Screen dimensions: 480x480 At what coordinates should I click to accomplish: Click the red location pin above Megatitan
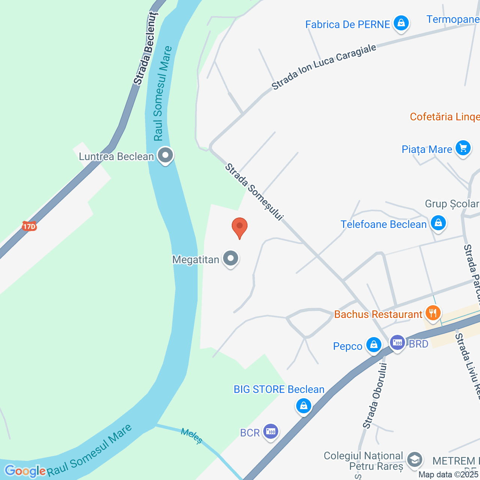coord(240,227)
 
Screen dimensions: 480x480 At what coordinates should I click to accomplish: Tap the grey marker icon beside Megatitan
coord(231,258)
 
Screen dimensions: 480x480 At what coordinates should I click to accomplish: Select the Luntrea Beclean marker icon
coord(165,155)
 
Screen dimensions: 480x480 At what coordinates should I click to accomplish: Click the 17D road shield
coord(29,226)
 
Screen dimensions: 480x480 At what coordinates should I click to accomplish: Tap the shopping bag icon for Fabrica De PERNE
coord(401,23)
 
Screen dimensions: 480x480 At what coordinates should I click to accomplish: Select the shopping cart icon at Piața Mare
coord(463,148)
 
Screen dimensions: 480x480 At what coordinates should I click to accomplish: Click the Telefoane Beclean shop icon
coord(438,223)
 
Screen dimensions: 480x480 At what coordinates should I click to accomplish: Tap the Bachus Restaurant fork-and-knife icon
coord(433,313)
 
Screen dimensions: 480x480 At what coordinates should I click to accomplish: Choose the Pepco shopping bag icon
coord(373,344)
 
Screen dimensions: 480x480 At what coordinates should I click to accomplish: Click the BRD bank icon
coord(397,342)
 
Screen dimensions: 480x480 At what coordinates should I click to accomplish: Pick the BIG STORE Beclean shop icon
coord(304,406)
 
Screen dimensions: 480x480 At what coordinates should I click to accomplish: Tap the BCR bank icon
coord(271,432)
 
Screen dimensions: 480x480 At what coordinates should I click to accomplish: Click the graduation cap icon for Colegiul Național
coord(414,459)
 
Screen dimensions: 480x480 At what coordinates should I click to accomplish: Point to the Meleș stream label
coord(192,436)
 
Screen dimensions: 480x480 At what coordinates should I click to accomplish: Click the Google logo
coord(25,471)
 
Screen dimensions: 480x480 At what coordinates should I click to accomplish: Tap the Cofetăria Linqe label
coord(444,117)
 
